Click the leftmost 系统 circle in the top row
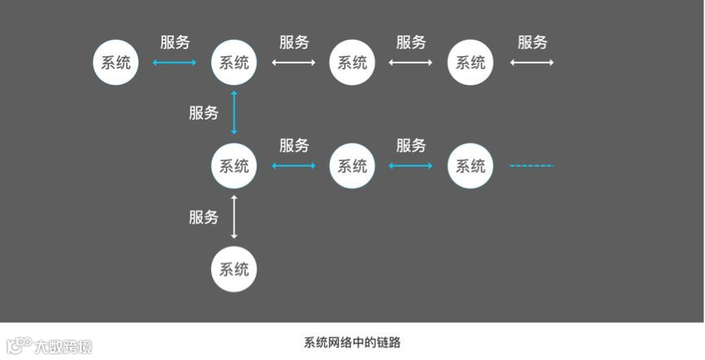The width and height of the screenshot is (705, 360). (116, 63)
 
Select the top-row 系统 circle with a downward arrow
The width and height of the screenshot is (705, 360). (234, 63)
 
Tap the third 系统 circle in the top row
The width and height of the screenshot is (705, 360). (352, 63)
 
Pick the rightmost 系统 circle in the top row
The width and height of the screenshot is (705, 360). (470, 63)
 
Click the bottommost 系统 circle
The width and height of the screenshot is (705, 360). (234, 269)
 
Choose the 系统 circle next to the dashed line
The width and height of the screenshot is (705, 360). (470, 166)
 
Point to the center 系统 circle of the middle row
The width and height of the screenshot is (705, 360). (352, 166)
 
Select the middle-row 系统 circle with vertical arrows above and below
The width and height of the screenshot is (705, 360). (234, 166)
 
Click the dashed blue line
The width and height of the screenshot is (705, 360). (531, 166)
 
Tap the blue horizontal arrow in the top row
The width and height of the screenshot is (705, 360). (174, 63)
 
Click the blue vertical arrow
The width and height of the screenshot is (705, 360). (234, 113)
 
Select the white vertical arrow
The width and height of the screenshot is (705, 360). (234, 217)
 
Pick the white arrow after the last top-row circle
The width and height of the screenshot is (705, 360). (531, 63)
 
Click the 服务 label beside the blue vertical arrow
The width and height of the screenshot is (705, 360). (204, 113)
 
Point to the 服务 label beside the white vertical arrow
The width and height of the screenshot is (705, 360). (204, 217)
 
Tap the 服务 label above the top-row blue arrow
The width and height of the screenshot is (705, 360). (174, 42)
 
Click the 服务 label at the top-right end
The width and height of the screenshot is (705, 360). (532, 42)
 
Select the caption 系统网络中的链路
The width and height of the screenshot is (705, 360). (352, 343)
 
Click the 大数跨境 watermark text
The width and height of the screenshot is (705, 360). (63, 346)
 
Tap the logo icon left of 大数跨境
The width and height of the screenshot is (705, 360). (19, 346)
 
